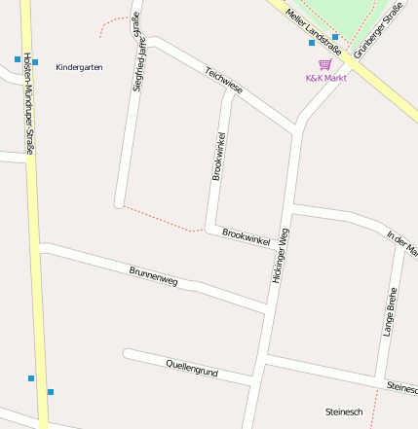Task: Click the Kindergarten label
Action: pos(80,67)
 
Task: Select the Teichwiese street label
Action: pos(224,80)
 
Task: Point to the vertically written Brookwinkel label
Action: pos(218,156)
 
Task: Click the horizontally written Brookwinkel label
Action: pos(246,236)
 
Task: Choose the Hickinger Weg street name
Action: pos(279,255)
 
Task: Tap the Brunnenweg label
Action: pos(154,275)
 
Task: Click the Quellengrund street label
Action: pos(192,367)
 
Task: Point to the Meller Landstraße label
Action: pos(308,27)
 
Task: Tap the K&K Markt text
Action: pos(326,78)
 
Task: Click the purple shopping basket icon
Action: pos(324,64)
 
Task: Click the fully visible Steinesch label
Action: pos(344,411)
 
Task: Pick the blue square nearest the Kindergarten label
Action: pos(35,62)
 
